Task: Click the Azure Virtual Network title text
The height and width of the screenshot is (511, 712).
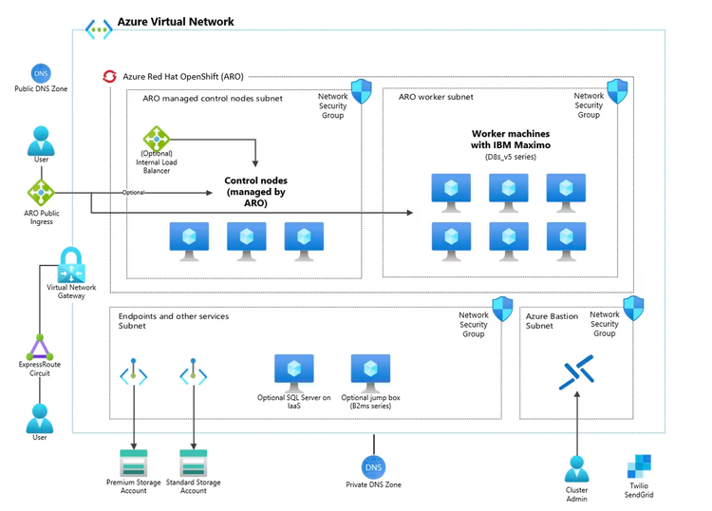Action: [175, 22]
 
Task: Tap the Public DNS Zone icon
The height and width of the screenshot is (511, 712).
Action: [41, 73]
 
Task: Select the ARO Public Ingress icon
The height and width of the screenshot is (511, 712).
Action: [41, 193]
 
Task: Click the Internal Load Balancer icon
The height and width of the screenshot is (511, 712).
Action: [156, 139]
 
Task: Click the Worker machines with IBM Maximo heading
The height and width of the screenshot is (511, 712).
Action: [511, 140]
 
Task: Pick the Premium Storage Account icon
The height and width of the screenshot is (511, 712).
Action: [134, 464]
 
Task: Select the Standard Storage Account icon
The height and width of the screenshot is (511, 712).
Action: [194, 464]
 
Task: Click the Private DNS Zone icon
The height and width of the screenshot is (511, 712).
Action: [374, 466]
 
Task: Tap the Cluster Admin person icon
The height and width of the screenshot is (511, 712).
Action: [577, 468]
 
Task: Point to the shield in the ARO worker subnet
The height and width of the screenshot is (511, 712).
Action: [616, 91]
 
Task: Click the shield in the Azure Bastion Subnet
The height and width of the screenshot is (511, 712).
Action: [632, 307]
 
